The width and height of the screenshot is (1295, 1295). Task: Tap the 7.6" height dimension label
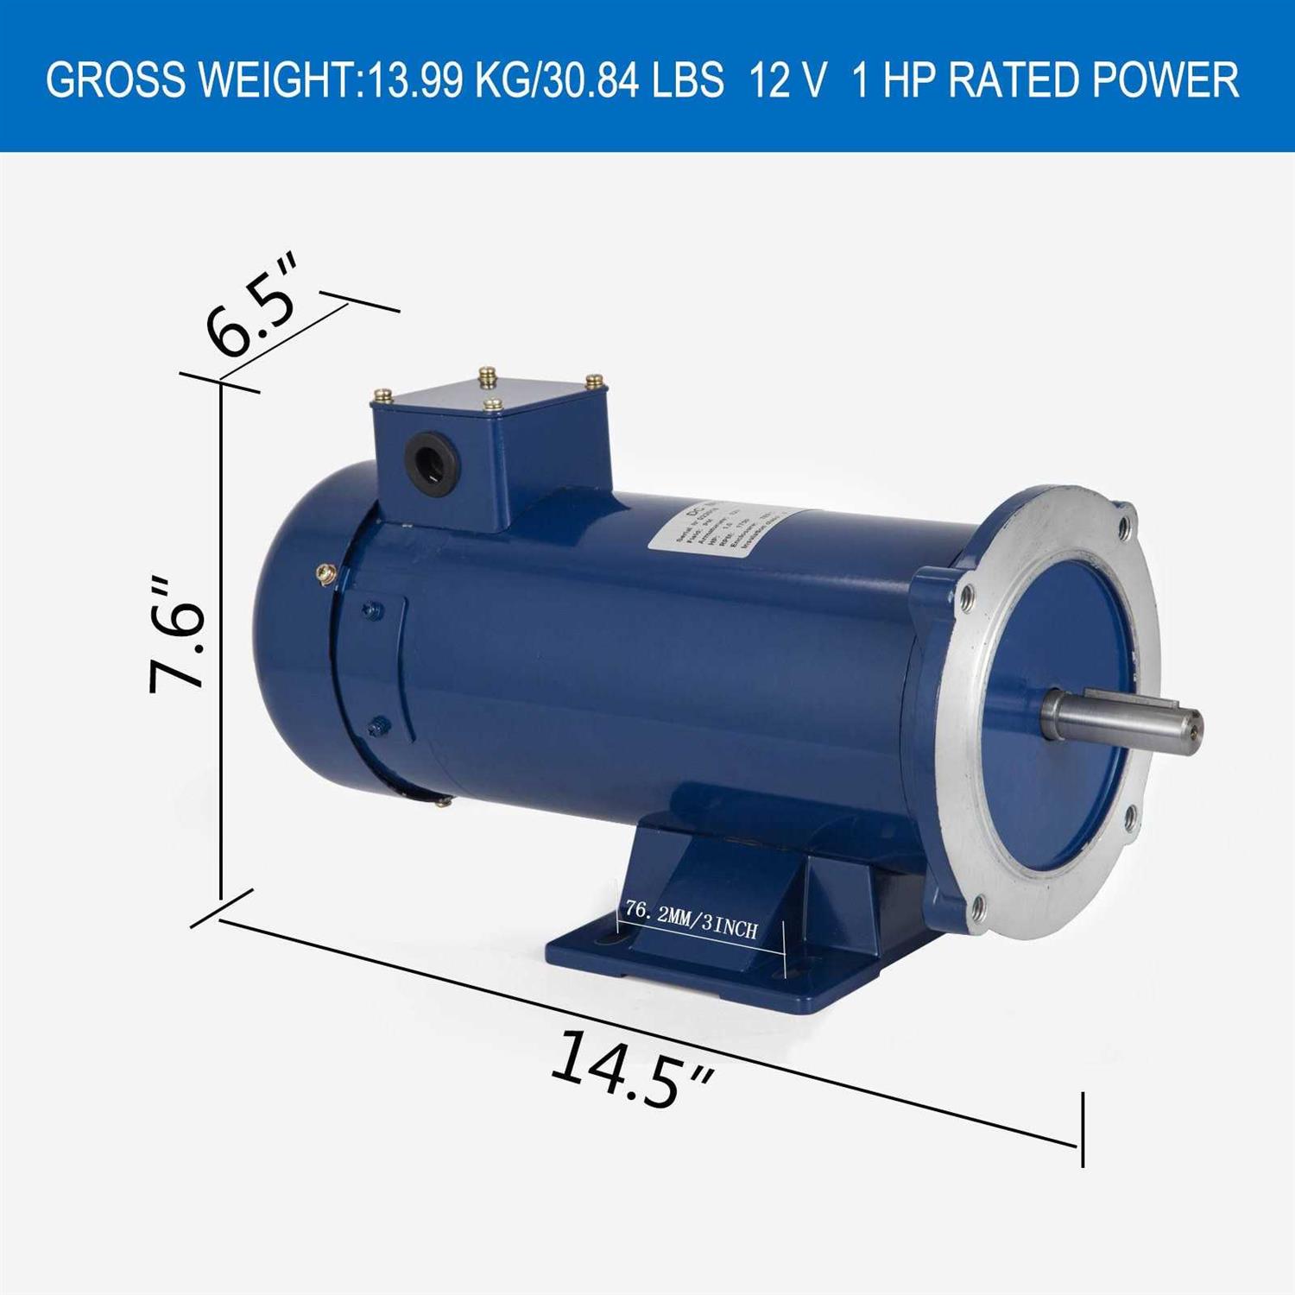pos(179,635)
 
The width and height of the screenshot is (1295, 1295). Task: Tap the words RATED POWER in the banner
pos(1094,80)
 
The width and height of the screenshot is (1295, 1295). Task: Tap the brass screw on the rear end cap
pos(327,572)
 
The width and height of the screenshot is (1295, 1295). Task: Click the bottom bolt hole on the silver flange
pos(977,906)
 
